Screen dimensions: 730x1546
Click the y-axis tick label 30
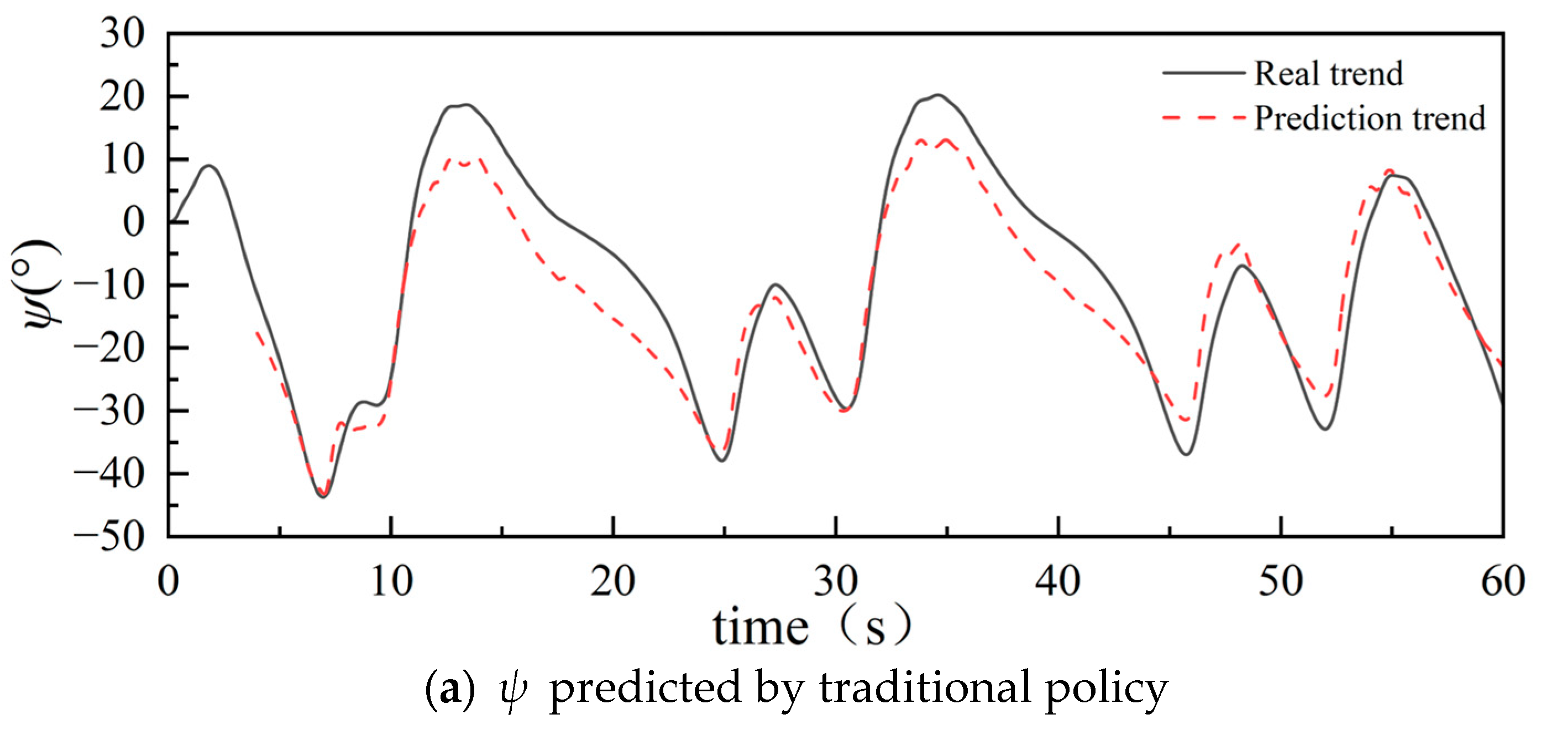122,34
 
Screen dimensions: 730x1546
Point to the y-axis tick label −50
109,536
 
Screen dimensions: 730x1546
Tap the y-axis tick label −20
109,348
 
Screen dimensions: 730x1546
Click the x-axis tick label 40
1058,581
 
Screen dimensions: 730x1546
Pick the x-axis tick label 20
613,581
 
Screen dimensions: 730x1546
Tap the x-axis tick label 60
1503,581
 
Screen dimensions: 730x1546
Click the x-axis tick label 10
391,581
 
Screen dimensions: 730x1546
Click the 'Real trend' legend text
1329,74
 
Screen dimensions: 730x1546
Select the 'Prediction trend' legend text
1370,118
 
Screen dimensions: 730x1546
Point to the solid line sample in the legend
1203,73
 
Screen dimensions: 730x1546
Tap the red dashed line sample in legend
1203,118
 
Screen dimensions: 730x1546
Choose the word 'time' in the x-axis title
761,628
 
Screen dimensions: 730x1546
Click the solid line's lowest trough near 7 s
323,497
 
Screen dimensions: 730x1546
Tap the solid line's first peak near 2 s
209,165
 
